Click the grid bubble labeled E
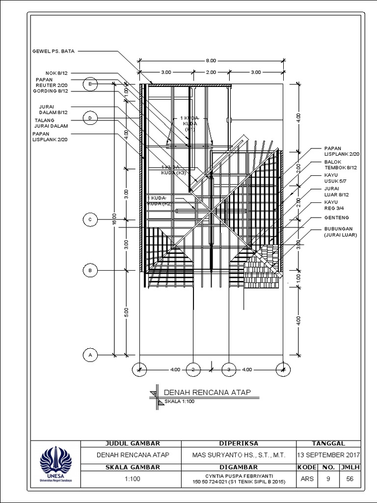pyautogui.click(x=90, y=84)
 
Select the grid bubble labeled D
pyautogui.click(x=90, y=118)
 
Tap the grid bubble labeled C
pyautogui.click(x=90, y=220)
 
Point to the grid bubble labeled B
pyautogui.click(x=90, y=270)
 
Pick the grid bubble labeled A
pyautogui.click(x=90, y=354)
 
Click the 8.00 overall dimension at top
pyautogui.click(x=210, y=60)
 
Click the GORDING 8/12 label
pyautogui.click(x=50, y=91)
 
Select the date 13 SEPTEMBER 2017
pyautogui.click(x=328, y=455)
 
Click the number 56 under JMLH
pyautogui.click(x=350, y=478)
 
